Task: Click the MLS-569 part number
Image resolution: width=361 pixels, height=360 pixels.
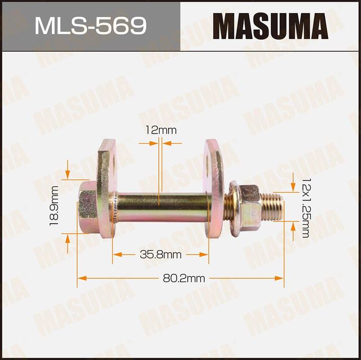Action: point(90,25)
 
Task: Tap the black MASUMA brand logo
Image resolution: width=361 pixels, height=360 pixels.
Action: point(270,25)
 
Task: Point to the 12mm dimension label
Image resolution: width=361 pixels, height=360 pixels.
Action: point(160,130)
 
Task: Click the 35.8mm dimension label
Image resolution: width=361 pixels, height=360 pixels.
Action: point(160,255)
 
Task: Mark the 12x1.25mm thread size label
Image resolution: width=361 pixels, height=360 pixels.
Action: point(306,207)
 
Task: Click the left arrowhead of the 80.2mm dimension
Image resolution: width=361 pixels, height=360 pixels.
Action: point(81,278)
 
